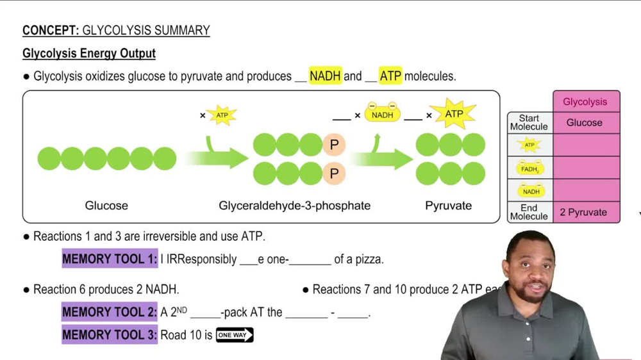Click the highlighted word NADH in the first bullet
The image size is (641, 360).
pyautogui.click(x=325, y=76)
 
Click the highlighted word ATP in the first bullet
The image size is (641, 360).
pyautogui.click(x=390, y=76)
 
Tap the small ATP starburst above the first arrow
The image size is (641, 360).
pyautogui.click(x=222, y=115)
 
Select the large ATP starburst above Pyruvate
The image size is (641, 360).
pyautogui.click(x=453, y=114)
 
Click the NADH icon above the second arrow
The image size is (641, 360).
pyautogui.click(x=382, y=114)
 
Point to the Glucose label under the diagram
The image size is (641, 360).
pyautogui.click(x=106, y=206)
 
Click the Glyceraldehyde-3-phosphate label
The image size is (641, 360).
pyautogui.click(x=294, y=206)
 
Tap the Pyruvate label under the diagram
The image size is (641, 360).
pyautogui.click(x=448, y=206)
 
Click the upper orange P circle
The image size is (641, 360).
pyautogui.click(x=334, y=145)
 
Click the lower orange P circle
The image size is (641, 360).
pyautogui.click(x=334, y=174)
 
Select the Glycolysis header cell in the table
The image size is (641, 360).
pyautogui.click(x=585, y=102)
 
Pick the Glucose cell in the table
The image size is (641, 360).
pyautogui.click(x=585, y=122)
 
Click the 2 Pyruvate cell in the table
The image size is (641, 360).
pyautogui.click(x=583, y=212)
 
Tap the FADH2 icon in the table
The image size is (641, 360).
pyautogui.click(x=529, y=168)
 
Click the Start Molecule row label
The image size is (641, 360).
pyautogui.click(x=529, y=122)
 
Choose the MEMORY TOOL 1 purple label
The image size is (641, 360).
pyautogui.click(x=110, y=259)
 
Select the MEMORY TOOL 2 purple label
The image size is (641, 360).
pyautogui.click(x=110, y=312)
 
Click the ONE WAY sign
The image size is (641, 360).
pyautogui.click(x=235, y=335)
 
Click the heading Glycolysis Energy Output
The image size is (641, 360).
pyautogui.click(x=89, y=53)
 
